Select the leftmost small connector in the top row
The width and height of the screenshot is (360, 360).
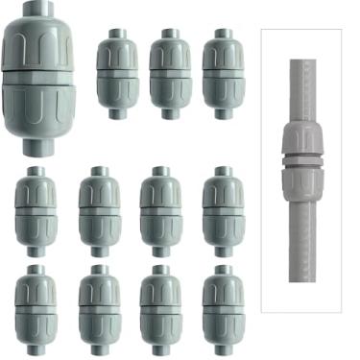coord(117,73)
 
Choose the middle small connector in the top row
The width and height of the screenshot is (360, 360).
coord(170,73)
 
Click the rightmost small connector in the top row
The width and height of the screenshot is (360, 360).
coord(223,73)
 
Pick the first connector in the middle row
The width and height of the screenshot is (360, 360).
coord(36,211)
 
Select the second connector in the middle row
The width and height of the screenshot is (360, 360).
coord(99,211)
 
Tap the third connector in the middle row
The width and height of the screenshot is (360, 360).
coord(160,211)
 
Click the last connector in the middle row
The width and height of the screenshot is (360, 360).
coord(223,211)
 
